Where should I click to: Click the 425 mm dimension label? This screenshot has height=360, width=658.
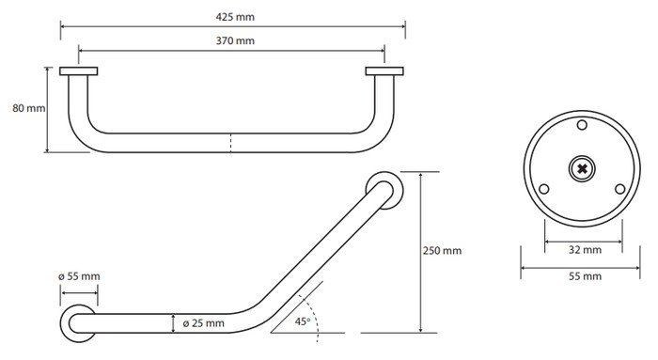click(235, 17)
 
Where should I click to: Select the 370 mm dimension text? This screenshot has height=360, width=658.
click(235, 40)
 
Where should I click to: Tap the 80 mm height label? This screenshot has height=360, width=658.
click(28, 108)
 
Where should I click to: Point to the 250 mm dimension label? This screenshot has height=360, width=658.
click(442, 251)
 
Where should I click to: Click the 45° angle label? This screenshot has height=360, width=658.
click(303, 321)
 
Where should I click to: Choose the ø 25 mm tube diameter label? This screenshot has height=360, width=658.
click(204, 323)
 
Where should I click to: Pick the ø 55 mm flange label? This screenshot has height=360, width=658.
click(79, 276)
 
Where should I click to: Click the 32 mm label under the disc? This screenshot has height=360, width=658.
click(585, 250)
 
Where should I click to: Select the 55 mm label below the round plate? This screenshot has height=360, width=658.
click(585, 276)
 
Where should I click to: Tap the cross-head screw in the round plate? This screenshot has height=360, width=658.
click(582, 169)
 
